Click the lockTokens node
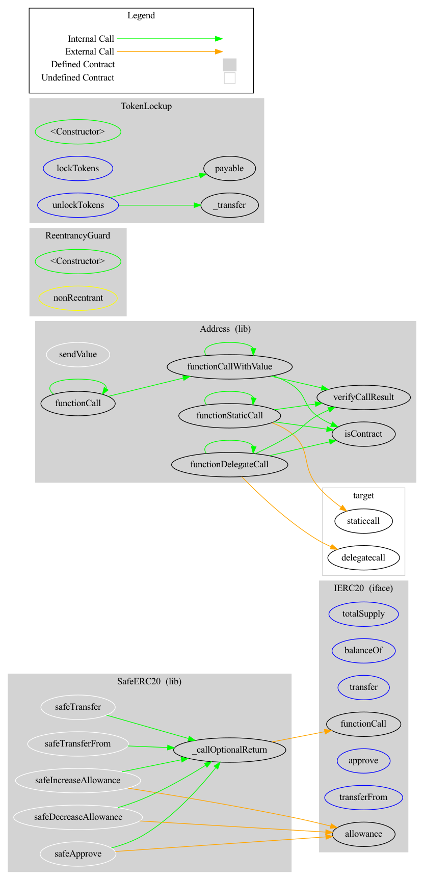pyautogui.click(x=78, y=168)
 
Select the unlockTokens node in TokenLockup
pyautogui.click(x=78, y=205)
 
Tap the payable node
pyautogui.click(x=229, y=168)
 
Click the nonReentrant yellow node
pyautogui.click(x=78, y=298)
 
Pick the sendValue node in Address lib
pyautogui.click(x=78, y=354)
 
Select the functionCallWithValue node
pyautogui.click(x=229, y=366)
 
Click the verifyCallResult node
pyautogui.click(x=363, y=397)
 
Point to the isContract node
pyautogui.click(x=363, y=434)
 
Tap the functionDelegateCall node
pyautogui.click(x=229, y=464)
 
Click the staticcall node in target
pyautogui.click(x=363, y=521)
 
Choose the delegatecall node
pyautogui.click(x=363, y=557)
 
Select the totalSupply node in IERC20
pyautogui.click(x=363, y=614)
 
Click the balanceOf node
pyautogui.click(x=363, y=650)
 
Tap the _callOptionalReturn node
pyautogui.click(x=229, y=750)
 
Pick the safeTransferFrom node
pyautogui.click(x=78, y=743)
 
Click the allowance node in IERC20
pyautogui.click(x=363, y=834)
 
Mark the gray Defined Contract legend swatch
pyautogui.click(x=229, y=65)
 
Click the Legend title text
pyautogui.click(x=141, y=15)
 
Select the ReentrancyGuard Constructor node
pyautogui.click(x=78, y=261)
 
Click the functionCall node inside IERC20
pyautogui.click(x=363, y=724)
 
